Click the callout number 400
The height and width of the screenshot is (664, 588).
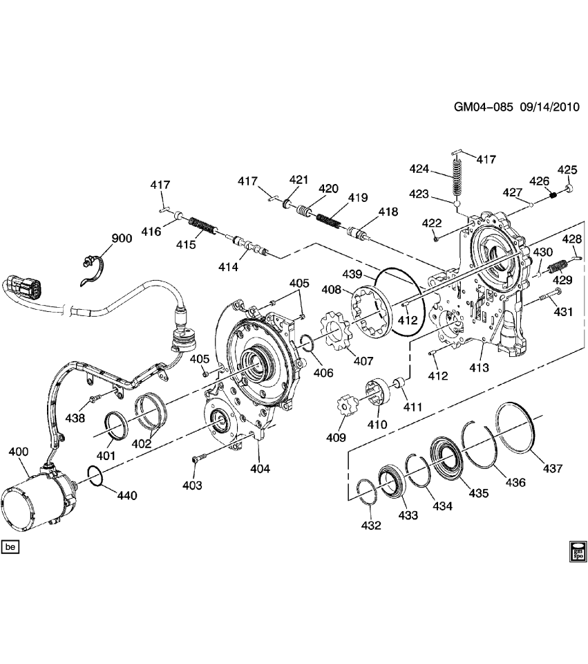tap(18, 452)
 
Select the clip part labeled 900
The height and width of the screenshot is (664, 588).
tap(93, 267)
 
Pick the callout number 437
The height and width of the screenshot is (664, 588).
tap(553, 468)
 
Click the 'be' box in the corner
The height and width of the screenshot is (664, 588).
tap(10, 547)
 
